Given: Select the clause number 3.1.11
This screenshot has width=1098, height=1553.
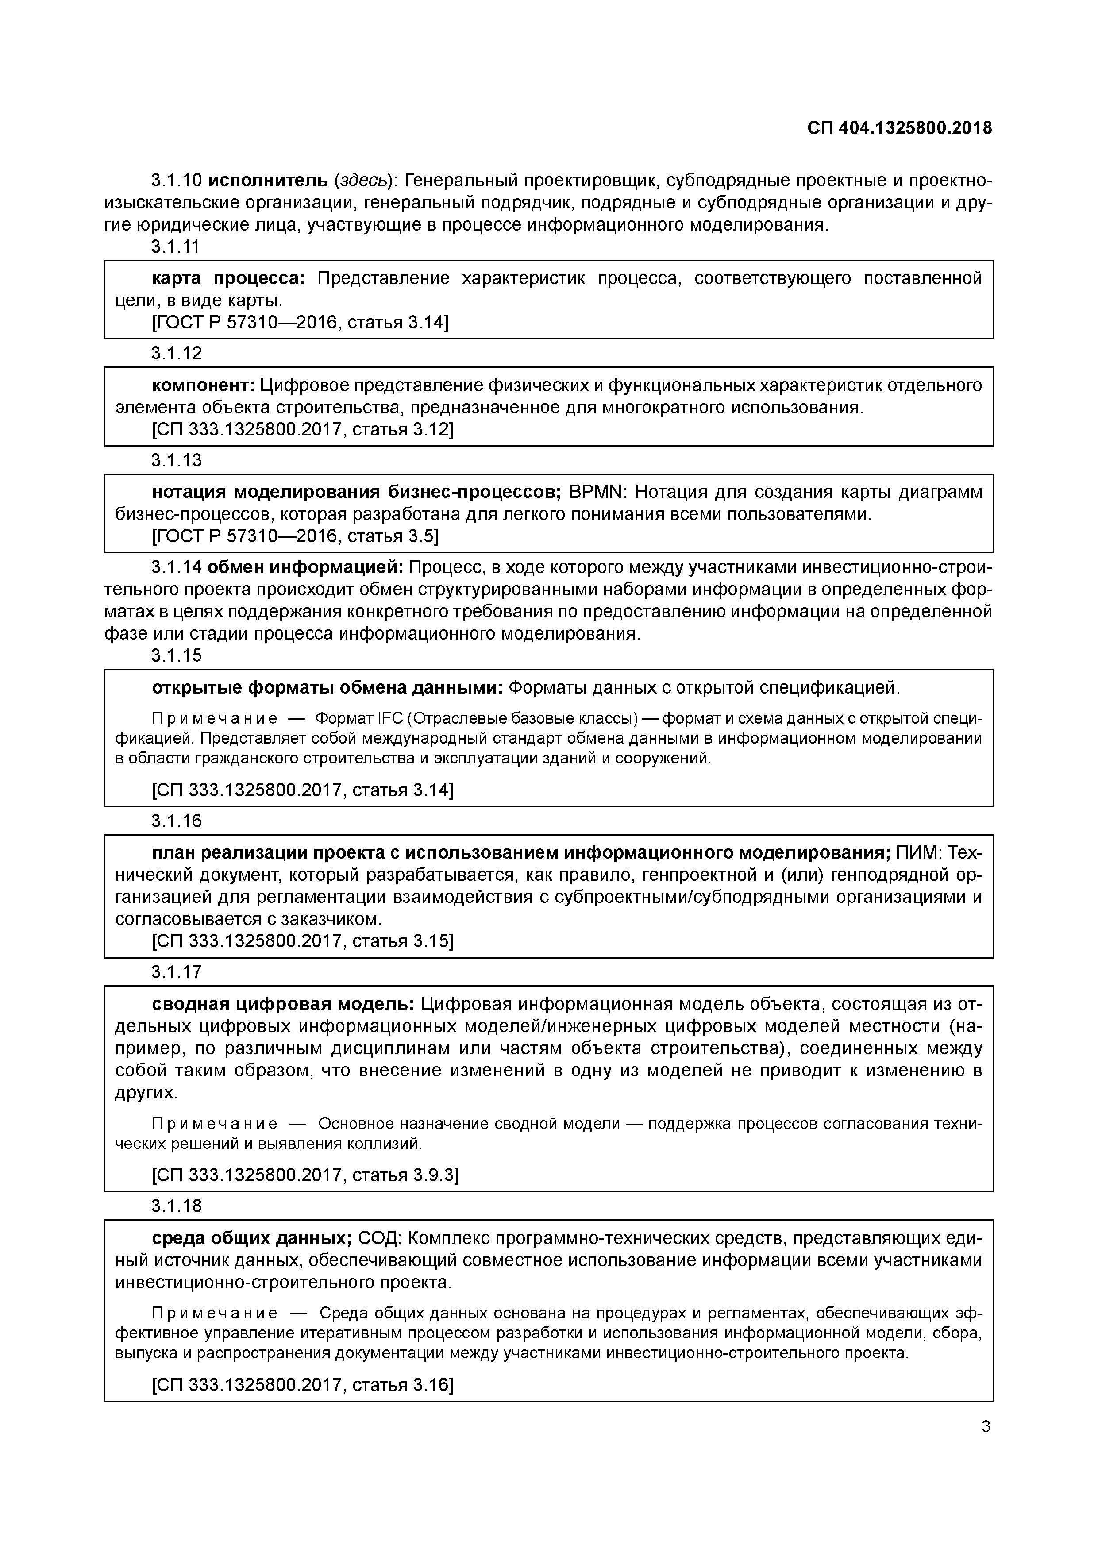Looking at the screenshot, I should click(176, 247).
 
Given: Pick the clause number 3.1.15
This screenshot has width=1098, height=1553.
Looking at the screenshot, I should click(176, 655).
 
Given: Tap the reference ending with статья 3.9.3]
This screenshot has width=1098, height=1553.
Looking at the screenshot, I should click(305, 1175).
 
